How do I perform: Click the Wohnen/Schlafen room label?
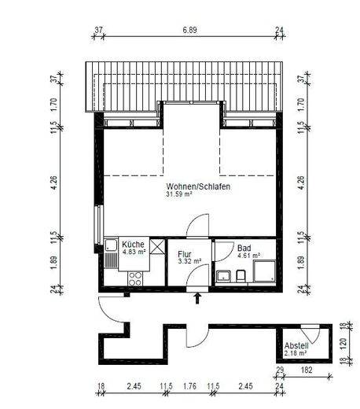pos(198,186)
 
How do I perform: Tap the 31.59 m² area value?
pos(179,194)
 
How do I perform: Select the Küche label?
pos(133,245)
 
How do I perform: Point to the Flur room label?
pos(185,254)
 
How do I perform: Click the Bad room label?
pos(244,248)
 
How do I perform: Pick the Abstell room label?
pos(296,345)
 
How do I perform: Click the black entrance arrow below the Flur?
pos(198,298)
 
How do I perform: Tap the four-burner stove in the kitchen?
pos(135,278)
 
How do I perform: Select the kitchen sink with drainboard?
pos(111,253)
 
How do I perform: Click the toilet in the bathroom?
pos(241,276)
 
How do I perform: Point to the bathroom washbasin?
pos(223,276)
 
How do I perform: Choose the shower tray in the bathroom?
pos(264,271)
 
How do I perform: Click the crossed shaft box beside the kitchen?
pos(157,246)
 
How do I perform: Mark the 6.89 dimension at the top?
pos(189,30)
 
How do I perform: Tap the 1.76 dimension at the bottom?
pos(189,386)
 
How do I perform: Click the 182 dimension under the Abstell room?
pos(307,370)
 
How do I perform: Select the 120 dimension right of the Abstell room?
pos(343,343)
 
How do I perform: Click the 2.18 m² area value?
pos(296,353)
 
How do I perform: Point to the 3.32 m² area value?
pos(189,261)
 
